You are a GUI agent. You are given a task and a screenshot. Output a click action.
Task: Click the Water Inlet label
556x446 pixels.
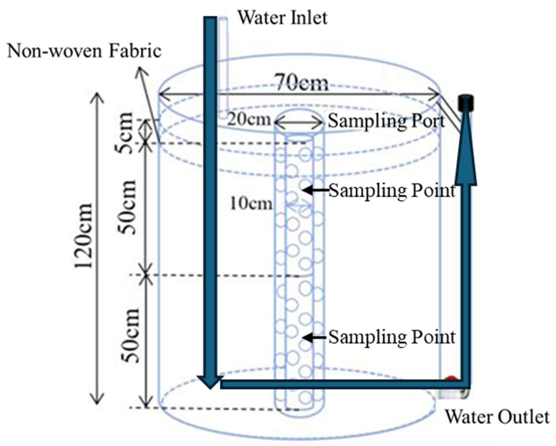(x=283, y=18)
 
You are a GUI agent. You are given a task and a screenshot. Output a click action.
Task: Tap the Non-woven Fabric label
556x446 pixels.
(x=84, y=51)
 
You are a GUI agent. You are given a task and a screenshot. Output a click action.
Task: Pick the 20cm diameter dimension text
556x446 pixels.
(x=249, y=120)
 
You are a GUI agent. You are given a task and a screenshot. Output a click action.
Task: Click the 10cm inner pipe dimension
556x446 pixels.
(x=251, y=204)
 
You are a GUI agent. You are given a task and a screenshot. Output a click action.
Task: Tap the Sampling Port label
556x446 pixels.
(x=386, y=121)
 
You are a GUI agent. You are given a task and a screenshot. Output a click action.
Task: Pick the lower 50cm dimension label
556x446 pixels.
(x=130, y=336)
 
